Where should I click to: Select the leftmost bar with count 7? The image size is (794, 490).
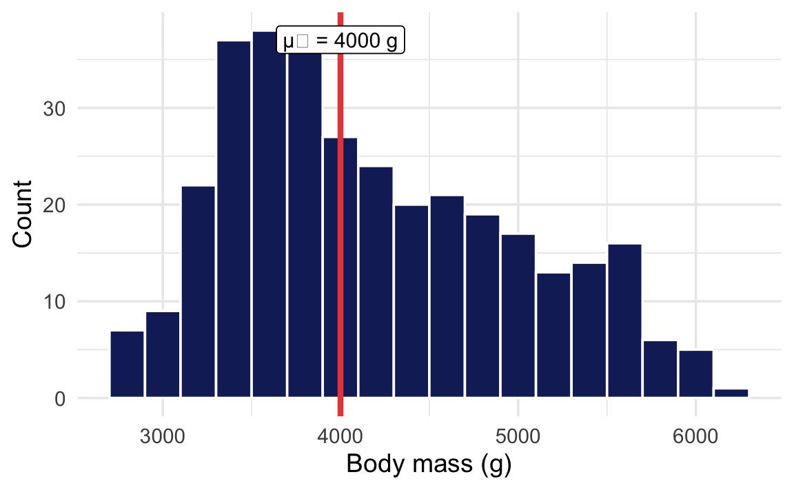(x=127, y=365)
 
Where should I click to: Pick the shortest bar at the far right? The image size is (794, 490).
(x=731, y=394)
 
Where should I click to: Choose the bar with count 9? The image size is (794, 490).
(x=163, y=355)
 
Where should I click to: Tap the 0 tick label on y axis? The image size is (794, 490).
(x=60, y=398)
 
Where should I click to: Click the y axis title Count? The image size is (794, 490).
(x=23, y=214)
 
